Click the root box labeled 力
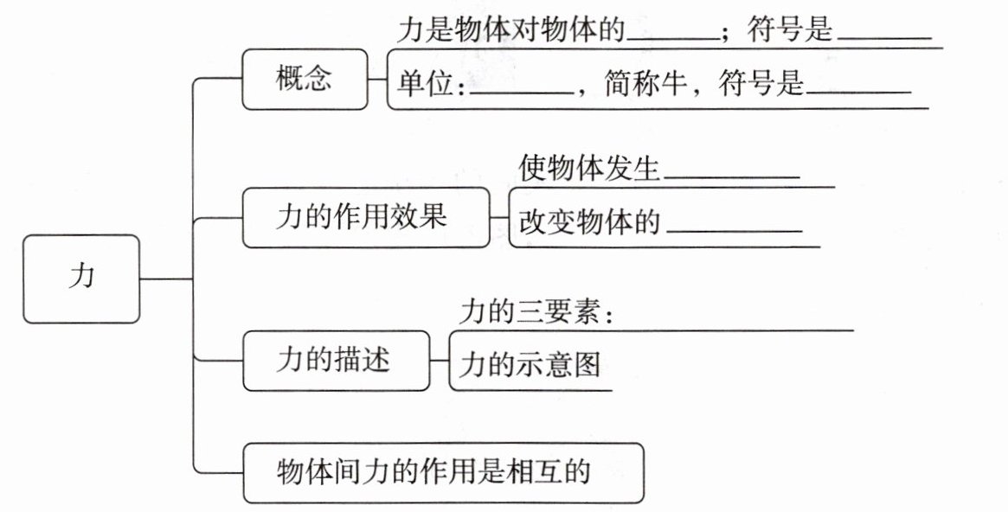click(81, 278)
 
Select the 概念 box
click(305, 79)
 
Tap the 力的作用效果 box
click(365, 217)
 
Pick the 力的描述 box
click(336, 361)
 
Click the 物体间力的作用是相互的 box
click(443, 472)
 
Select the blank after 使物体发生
click(732, 176)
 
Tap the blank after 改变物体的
click(734, 230)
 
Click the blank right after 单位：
click(522, 93)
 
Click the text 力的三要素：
click(536, 313)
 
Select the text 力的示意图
click(530, 365)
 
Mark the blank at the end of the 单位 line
click(859, 93)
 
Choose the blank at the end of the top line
click(885, 39)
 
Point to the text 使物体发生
click(589, 168)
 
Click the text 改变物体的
click(589, 221)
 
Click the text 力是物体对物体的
click(511, 29)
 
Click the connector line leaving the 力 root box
click(166, 278)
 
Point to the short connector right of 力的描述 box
click(439, 361)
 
